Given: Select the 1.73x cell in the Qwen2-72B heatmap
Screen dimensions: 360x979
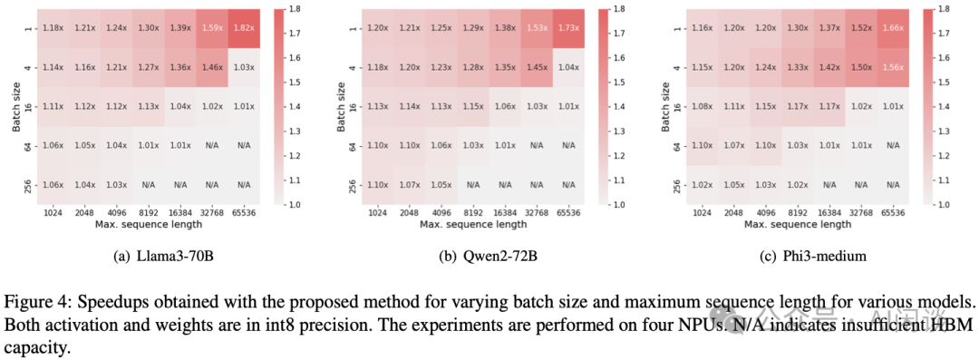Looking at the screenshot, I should (x=567, y=27).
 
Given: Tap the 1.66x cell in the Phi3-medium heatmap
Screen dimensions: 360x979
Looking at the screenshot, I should (x=892, y=27).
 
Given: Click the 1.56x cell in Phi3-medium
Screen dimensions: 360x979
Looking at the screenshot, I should (x=892, y=66).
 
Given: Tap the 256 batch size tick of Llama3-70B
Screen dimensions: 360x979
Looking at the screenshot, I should (x=28, y=185).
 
